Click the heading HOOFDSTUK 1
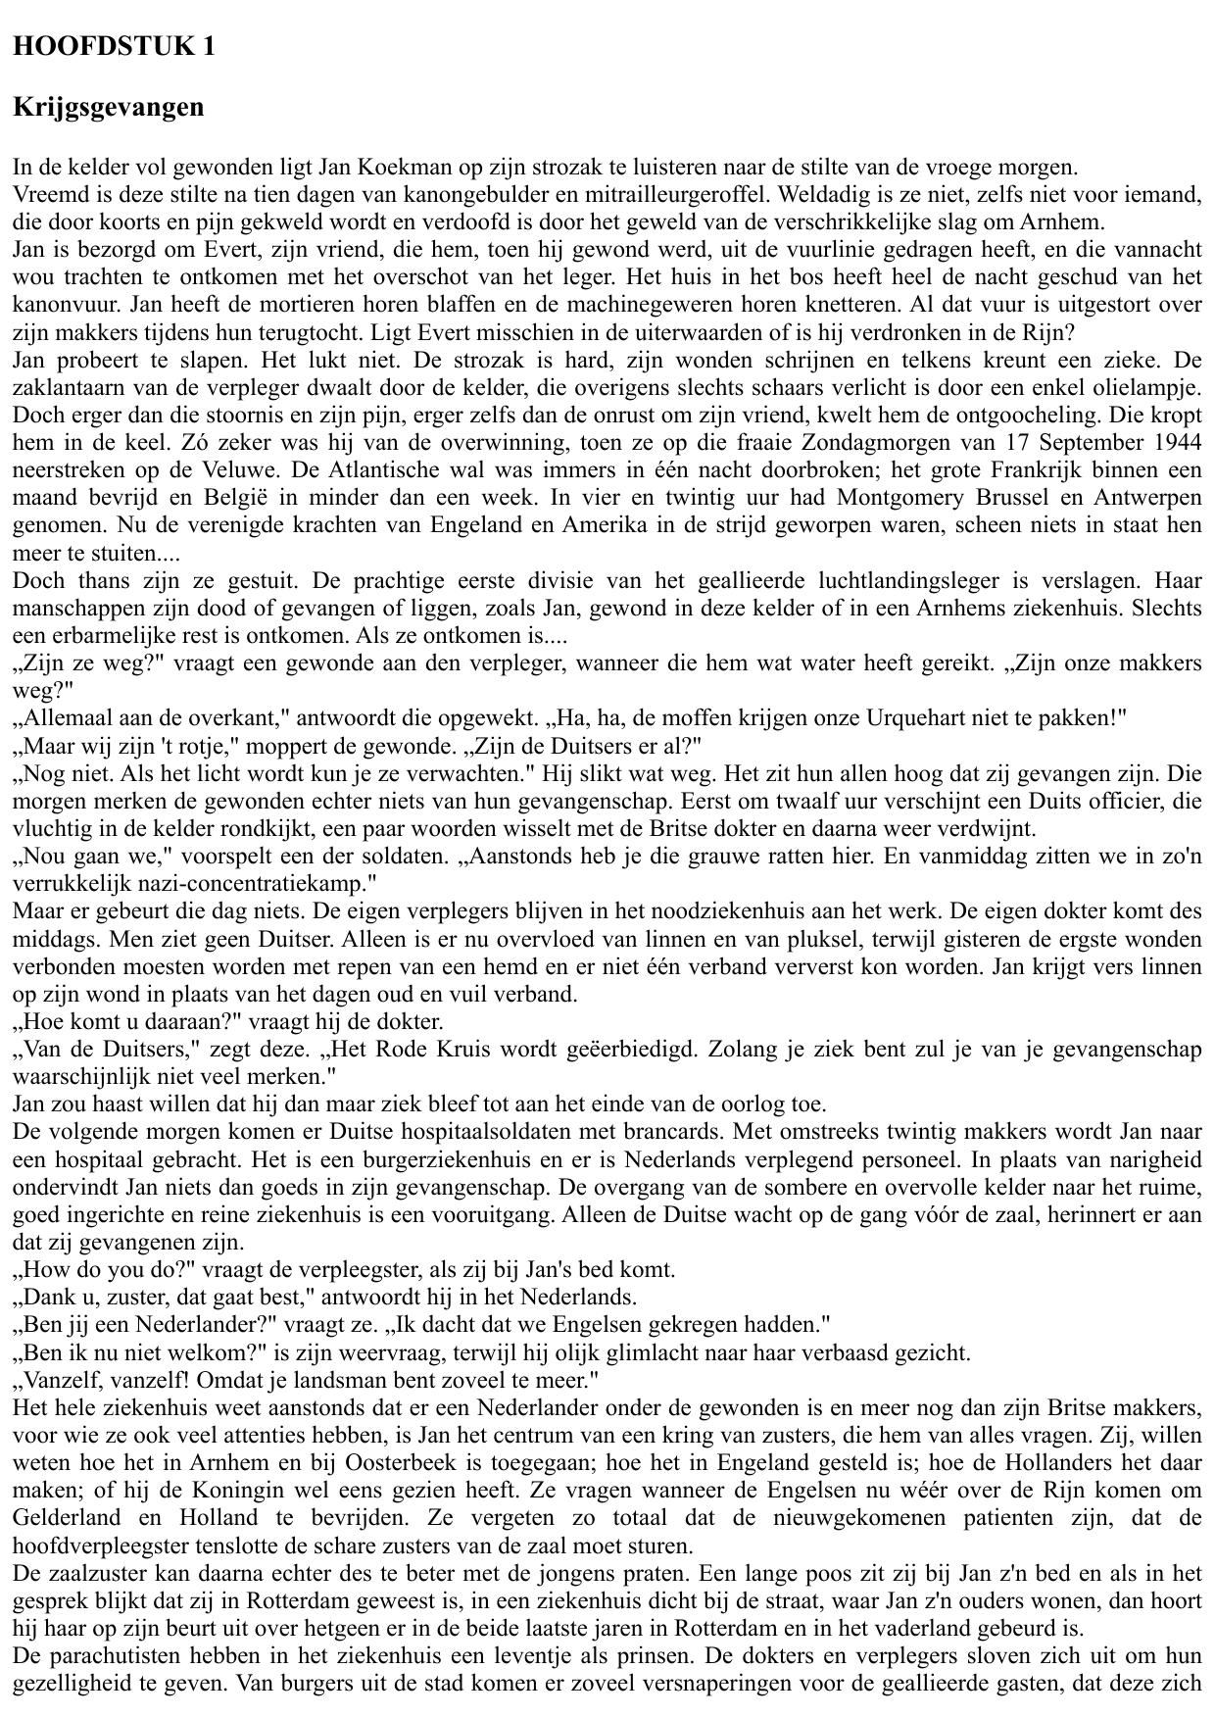(114, 47)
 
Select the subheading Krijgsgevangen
(109, 107)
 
